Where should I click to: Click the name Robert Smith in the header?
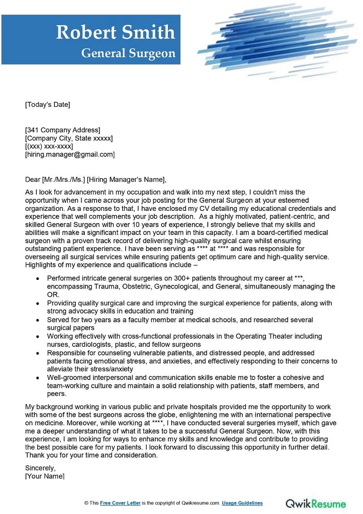click(x=115, y=32)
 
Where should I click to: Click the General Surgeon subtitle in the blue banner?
click(x=128, y=53)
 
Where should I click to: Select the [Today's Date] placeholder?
click(x=48, y=105)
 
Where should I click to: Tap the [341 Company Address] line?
click(x=63, y=130)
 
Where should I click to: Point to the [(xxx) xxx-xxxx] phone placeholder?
click(x=49, y=146)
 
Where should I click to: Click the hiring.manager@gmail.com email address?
click(x=70, y=155)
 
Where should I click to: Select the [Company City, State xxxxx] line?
click(x=69, y=138)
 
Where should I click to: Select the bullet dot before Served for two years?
click(x=37, y=320)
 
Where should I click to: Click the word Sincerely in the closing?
click(x=40, y=468)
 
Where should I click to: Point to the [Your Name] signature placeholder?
click(x=44, y=476)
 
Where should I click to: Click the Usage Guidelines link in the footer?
click(x=243, y=503)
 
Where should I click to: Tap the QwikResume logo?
click(x=316, y=503)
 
